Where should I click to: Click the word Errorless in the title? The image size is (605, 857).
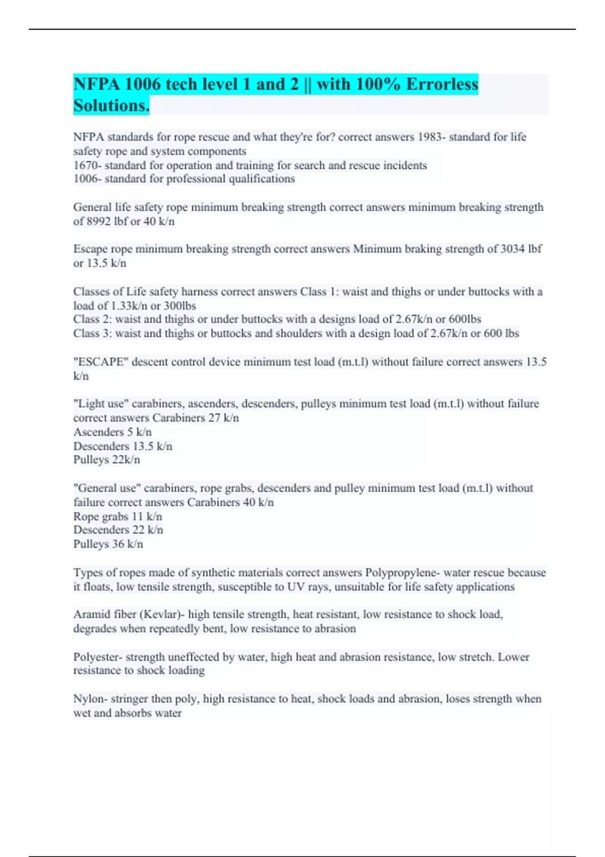pyautogui.click(x=442, y=84)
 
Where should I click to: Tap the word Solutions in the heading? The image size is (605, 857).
pyautogui.click(x=110, y=106)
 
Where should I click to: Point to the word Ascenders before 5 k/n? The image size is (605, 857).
pyautogui.click(x=98, y=432)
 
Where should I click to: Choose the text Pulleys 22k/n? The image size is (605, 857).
pyautogui.click(x=106, y=460)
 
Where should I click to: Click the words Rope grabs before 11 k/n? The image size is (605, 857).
pyautogui.click(x=101, y=517)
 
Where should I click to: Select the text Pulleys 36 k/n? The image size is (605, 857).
pyautogui.click(x=108, y=544)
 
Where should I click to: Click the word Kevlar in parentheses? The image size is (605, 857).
pyautogui.click(x=161, y=615)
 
